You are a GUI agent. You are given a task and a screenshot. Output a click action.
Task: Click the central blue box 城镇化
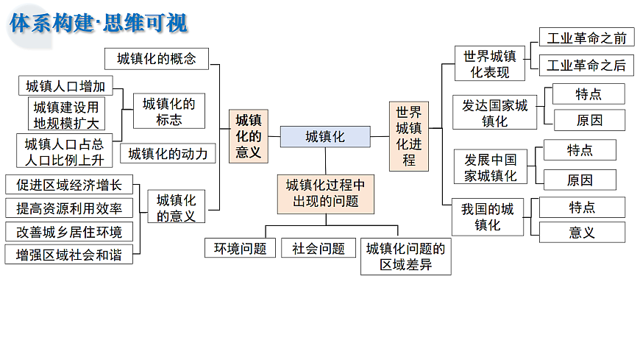324,136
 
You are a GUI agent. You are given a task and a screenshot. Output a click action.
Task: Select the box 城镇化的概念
157,59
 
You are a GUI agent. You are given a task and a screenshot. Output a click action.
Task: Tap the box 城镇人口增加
65,86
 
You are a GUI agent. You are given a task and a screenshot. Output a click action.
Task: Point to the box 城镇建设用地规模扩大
65,114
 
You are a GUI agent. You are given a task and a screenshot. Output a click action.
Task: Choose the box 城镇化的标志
169,111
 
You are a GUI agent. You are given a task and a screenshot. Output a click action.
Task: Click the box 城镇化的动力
168,153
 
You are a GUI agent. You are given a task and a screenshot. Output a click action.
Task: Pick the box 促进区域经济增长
69,185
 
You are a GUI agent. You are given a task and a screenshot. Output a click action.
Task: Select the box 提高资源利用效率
69,208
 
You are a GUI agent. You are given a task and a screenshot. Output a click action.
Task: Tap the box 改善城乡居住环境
69,232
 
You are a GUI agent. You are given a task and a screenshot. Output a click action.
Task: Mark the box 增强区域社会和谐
69,255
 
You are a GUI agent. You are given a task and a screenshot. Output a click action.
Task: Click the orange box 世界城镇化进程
408,136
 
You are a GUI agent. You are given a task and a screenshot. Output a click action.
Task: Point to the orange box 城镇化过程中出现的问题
324,193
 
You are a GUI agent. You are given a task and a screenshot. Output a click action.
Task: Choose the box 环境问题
240,248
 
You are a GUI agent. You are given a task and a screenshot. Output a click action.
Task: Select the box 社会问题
319,248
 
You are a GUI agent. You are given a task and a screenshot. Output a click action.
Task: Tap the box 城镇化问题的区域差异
405,256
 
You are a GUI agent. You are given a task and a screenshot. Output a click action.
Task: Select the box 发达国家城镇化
494,113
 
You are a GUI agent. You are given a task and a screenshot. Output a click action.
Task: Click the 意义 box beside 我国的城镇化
582,233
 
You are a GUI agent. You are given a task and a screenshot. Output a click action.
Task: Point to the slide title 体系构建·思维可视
99,23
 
